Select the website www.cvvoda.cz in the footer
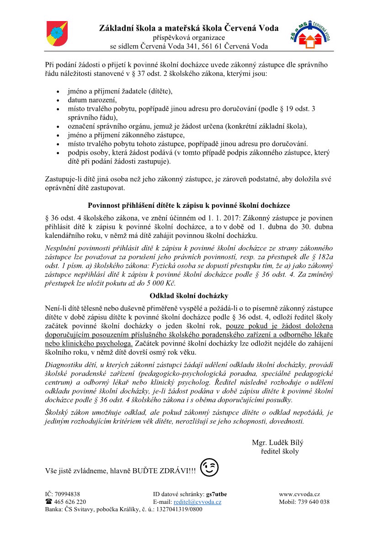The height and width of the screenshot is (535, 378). pyautogui.click(x=299, y=494)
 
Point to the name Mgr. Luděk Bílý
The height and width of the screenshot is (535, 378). pyautogui.click(x=277, y=443)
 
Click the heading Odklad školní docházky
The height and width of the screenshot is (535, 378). pyautogui.click(x=189, y=296)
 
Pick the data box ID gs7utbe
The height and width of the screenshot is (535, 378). pyautogui.click(x=217, y=494)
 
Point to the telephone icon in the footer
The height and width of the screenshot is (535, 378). pyautogui.click(x=48, y=502)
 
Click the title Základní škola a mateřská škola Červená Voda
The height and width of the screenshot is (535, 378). pyautogui.click(x=189, y=28)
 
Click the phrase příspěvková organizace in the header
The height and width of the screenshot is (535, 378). pyautogui.click(x=189, y=37)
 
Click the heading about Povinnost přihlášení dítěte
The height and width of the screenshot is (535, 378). pyautogui.click(x=189, y=205)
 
